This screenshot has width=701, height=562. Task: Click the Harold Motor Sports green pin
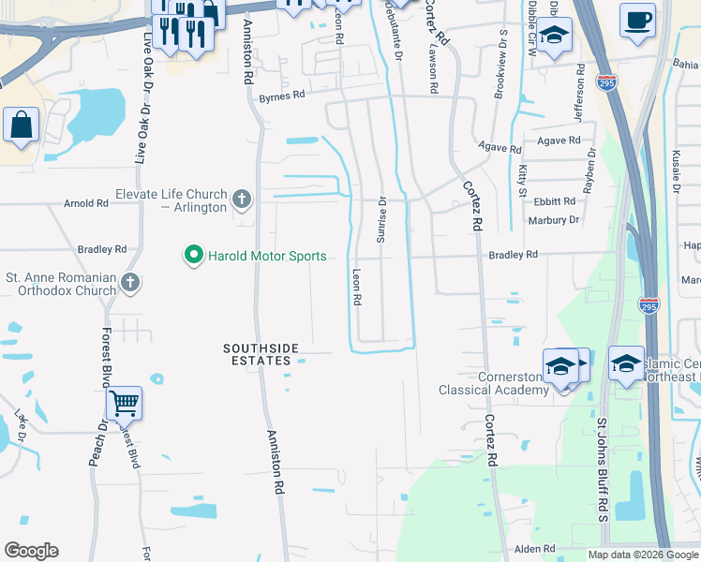[x=193, y=256]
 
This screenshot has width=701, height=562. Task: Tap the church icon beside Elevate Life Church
[x=242, y=199]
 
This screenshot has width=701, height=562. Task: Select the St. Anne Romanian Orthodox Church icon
[x=131, y=282]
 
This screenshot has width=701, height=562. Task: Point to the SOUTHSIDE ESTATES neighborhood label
[x=261, y=354]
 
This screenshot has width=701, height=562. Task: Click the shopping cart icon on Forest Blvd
[x=124, y=404]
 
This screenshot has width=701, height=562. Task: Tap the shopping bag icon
[x=21, y=126]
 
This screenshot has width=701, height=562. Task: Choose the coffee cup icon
[x=637, y=20]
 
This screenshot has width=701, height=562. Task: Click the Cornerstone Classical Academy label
[x=495, y=383]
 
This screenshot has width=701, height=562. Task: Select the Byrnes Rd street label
[x=282, y=96]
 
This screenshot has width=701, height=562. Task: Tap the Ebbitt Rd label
[x=556, y=201]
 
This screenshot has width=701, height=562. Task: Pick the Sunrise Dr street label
[x=381, y=220]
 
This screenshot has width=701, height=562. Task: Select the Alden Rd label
[x=535, y=549]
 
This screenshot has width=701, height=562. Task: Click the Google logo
[x=31, y=551]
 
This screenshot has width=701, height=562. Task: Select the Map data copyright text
[x=643, y=555]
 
